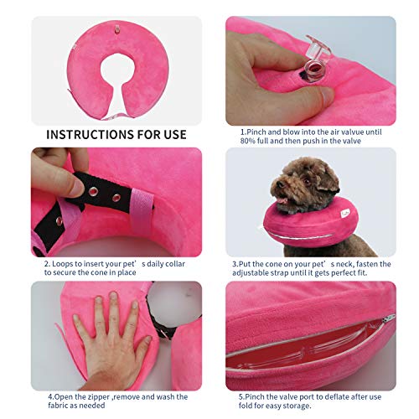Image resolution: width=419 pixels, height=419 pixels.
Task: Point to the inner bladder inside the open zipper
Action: click(x=318, y=352)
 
